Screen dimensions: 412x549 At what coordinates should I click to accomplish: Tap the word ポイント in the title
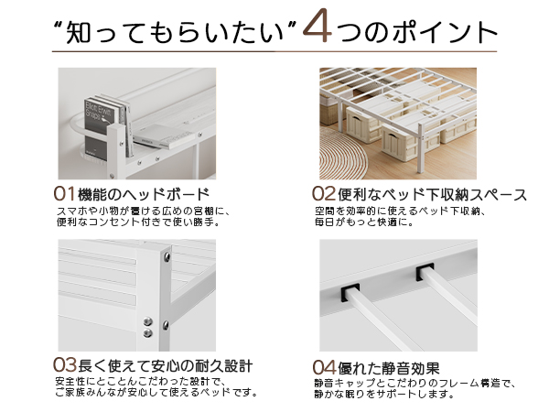[x=437, y=32]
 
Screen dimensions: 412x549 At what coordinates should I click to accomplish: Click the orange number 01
[x=65, y=194]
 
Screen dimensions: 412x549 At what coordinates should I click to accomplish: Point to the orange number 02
[x=325, y=194]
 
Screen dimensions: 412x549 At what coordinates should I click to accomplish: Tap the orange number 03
[x=65, y=367]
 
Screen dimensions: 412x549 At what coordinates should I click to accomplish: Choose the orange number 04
[x=325, y=367]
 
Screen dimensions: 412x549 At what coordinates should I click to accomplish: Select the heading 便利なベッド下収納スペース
[x=431, y=194]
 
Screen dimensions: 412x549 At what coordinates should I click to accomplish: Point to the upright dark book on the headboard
[x=96, y=118]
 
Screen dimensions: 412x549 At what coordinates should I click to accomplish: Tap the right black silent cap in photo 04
[x=425, y=273]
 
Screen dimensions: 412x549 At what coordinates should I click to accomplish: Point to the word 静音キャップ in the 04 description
[x=339, y=384]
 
